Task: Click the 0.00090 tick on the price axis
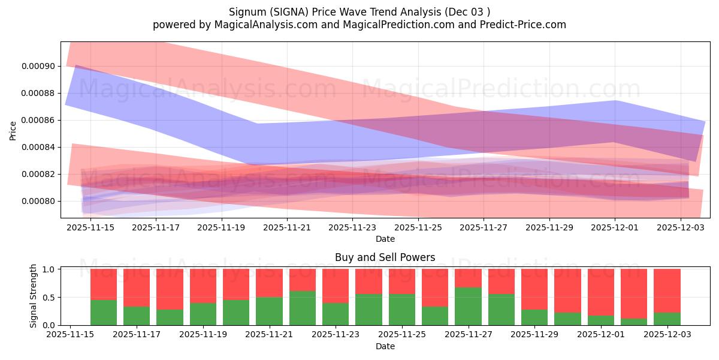coord(38,67)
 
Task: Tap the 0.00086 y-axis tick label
coord(38,121)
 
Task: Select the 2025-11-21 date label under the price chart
coord(287,228)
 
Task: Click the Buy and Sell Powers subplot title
coord(385,257)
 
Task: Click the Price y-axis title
coord(13,130)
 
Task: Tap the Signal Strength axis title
coord(34,296)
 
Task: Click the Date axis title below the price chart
coord(385,239)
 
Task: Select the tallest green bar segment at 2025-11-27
coord(468,306)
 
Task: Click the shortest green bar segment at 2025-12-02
coord(633,322)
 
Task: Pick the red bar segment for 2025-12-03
coord(666,290)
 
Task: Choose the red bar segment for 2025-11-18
coord(170,289)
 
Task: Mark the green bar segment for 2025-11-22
coord(302,308)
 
